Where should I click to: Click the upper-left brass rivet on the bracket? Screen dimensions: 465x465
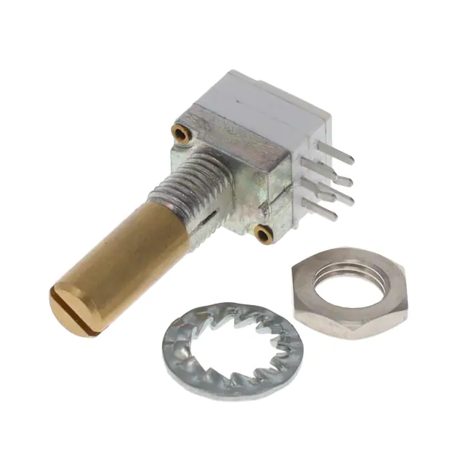pos(180,132)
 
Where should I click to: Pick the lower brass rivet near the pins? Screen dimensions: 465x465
pos(263,232)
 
